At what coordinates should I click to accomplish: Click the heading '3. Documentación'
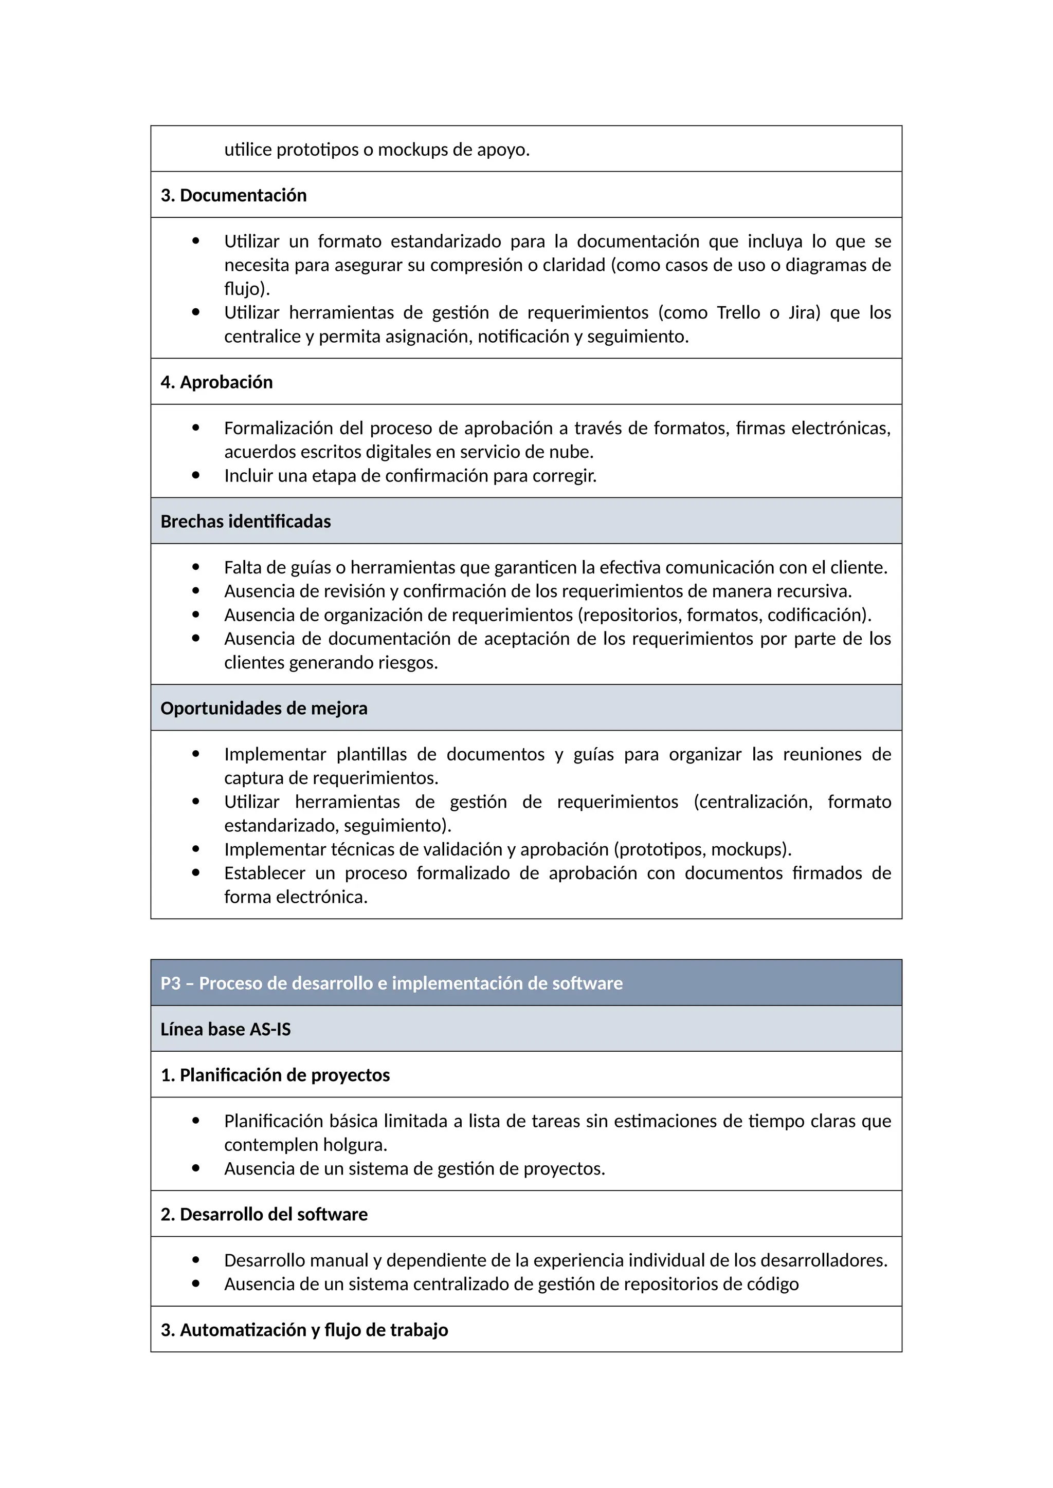(x=233, y=195)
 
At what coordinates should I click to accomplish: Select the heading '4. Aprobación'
(x=216, y=382)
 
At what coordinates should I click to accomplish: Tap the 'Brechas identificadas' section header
(x=245, y=521)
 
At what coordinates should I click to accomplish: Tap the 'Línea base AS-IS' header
(x=225, y=1029)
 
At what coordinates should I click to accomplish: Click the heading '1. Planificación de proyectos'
(x=275, y=1075)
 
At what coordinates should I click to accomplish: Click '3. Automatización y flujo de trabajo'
(x=304, y=1330)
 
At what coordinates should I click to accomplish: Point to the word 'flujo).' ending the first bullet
(x=246, y=289)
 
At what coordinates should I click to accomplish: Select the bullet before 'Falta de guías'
(x=196, y=567)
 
